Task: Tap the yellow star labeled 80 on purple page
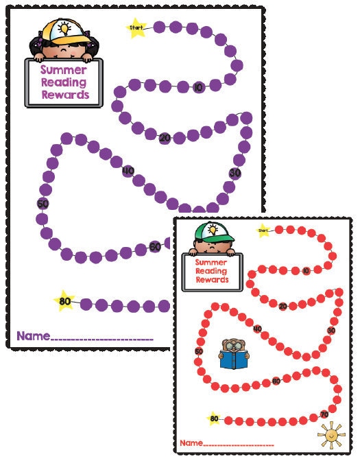tap(65, 300)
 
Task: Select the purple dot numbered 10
tap(198, 86)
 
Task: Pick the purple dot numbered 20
tap(165, 138)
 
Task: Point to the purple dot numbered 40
tap(128, 171)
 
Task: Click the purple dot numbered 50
tap(43, 204)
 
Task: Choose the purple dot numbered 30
tap(236, 172)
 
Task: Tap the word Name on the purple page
tap(33, 336)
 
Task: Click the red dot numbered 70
tap(324, 414)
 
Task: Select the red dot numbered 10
tap(306, 271)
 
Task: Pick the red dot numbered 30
tap(331, 330)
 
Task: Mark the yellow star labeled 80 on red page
tap(215, 418)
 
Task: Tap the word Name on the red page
tap(191, 443)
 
